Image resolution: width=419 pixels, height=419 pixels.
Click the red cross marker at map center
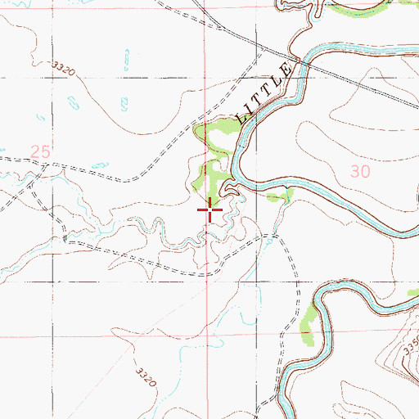pyautogui.click(x=210, y=211)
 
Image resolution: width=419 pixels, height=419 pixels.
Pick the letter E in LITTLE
pyautogui.click(x=286, y=70)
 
